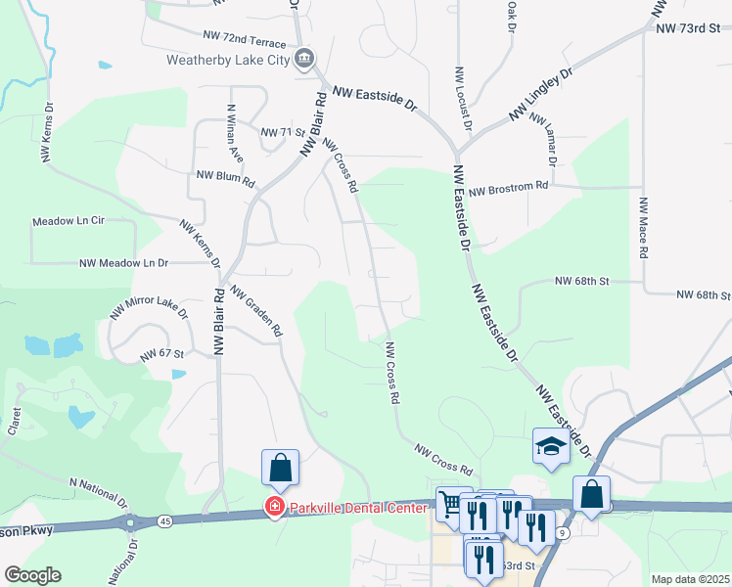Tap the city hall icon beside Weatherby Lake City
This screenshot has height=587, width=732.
click(303, 59)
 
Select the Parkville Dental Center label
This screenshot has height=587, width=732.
click(357, 508)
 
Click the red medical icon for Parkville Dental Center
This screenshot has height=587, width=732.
click(275, 507)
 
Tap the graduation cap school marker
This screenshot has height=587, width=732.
click(551, 447)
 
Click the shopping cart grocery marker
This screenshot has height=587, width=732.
click(451, 504)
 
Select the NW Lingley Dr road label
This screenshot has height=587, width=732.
click(540, 96)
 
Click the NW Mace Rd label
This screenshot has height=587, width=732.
click(644, 228)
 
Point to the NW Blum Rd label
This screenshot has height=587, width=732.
click(225, 178)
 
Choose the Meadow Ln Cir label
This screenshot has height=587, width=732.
click(68, 222)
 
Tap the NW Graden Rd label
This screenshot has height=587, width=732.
click(256, 311)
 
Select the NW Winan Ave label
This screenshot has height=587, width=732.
click(235, 132)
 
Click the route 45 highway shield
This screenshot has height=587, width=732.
click(165, 522)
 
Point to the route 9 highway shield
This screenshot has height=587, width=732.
click(562, 531)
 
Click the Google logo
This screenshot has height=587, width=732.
click(31, 575)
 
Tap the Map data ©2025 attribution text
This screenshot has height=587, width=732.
click(690, 579)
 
